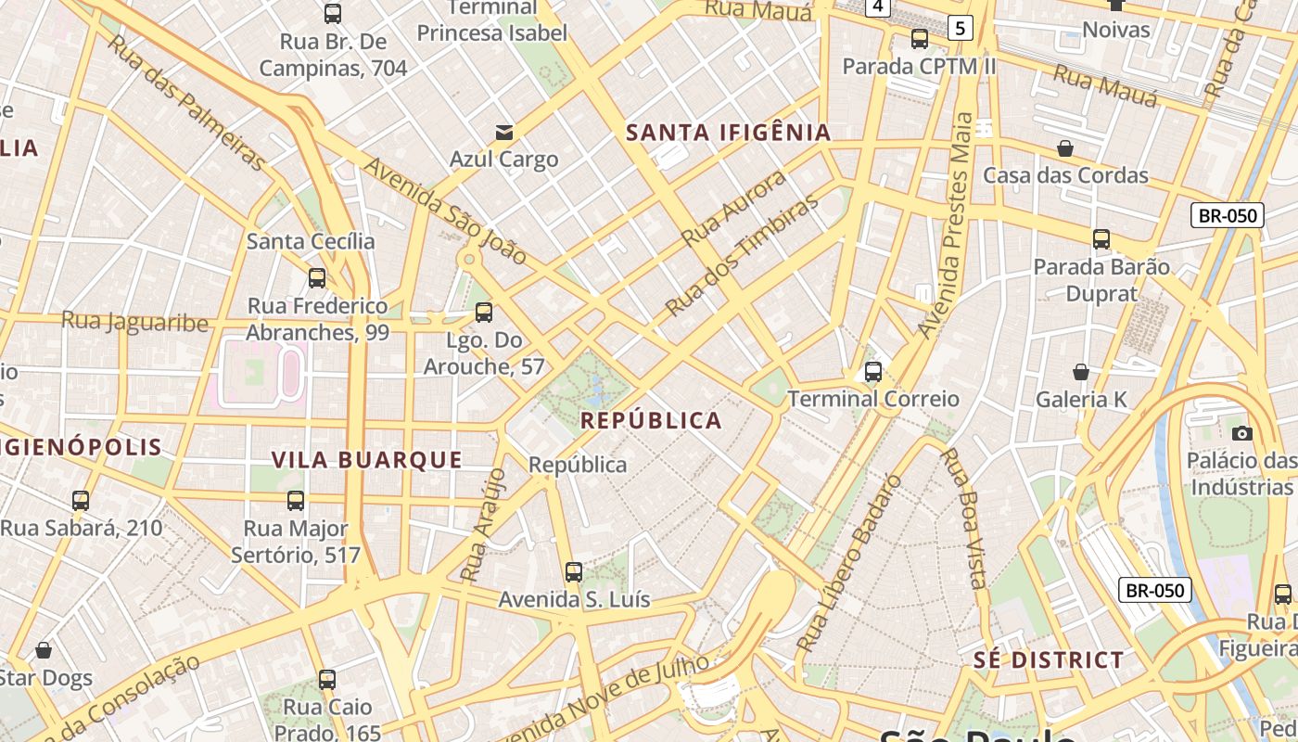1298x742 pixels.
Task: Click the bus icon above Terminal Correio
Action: click(872, 372)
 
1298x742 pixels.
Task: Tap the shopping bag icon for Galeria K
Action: click(1081, 372)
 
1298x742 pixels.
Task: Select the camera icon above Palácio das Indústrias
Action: click(1242, 433)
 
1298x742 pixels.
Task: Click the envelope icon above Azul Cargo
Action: click(504, 133)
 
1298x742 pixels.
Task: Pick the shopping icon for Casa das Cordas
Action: click(1065, 148)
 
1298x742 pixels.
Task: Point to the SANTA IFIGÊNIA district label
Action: click(729, 133)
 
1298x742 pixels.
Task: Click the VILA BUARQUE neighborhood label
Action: click(367, 459)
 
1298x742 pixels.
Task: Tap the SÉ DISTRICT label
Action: click(1049, 660)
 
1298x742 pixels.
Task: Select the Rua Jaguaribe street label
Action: click(134, 322)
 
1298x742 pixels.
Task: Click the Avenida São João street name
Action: click(445, 211)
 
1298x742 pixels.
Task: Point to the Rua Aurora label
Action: click(733, 207)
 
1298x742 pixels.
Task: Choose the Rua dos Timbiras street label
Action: click(743, 254)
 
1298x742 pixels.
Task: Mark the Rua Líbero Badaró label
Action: click(848, 563)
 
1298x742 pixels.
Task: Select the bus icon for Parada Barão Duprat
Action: click(1101, 239)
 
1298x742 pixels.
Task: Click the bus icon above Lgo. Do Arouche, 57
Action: click(483, 313)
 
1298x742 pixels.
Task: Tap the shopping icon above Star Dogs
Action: click(44, 650)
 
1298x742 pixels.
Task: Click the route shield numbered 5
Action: click(961, 29)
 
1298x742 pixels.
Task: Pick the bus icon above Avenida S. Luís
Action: click(574, 572)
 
